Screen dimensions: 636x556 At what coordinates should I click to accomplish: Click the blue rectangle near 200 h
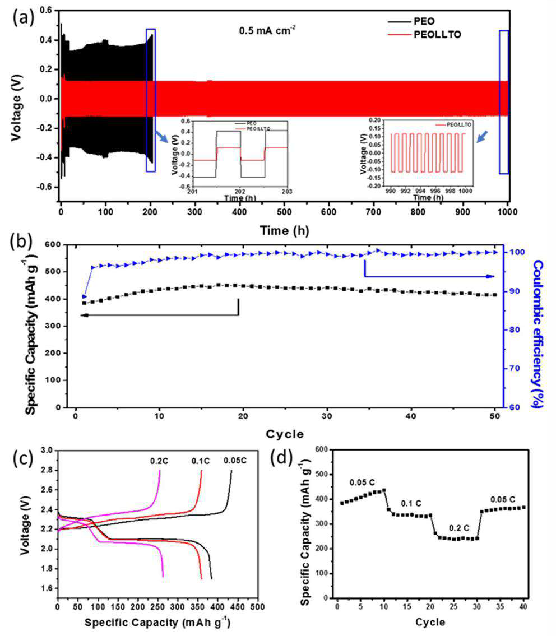coord(150,100)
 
